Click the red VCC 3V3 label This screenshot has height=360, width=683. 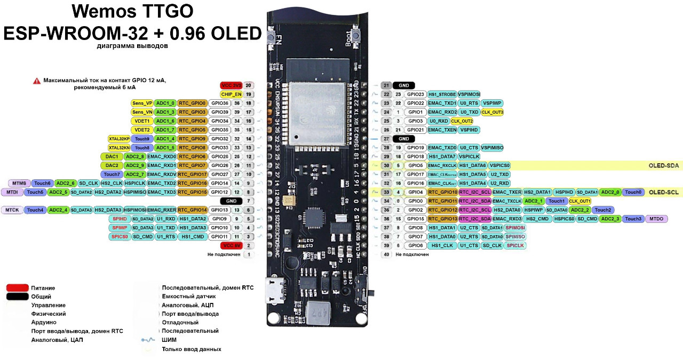(232, 85)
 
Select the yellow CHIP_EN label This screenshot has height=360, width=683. (232, 94)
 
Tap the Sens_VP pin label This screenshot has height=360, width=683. (142, 103)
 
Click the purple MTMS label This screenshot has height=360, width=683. (19, 183)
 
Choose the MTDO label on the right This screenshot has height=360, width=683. (656, 219)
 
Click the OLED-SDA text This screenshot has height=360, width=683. (664, 166)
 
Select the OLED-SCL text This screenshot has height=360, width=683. (664, 192)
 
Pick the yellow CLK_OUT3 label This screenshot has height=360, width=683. (493, 112)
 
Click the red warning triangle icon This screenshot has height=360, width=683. (37, 81)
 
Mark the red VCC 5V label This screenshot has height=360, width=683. (232, 245)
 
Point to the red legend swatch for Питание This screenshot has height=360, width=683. (17, 288)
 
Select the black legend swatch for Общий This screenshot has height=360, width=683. (17, 297)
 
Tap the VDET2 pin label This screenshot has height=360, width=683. (142, 130)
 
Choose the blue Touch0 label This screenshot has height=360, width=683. (633, 192)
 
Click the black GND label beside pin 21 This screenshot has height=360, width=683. (403, 85)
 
